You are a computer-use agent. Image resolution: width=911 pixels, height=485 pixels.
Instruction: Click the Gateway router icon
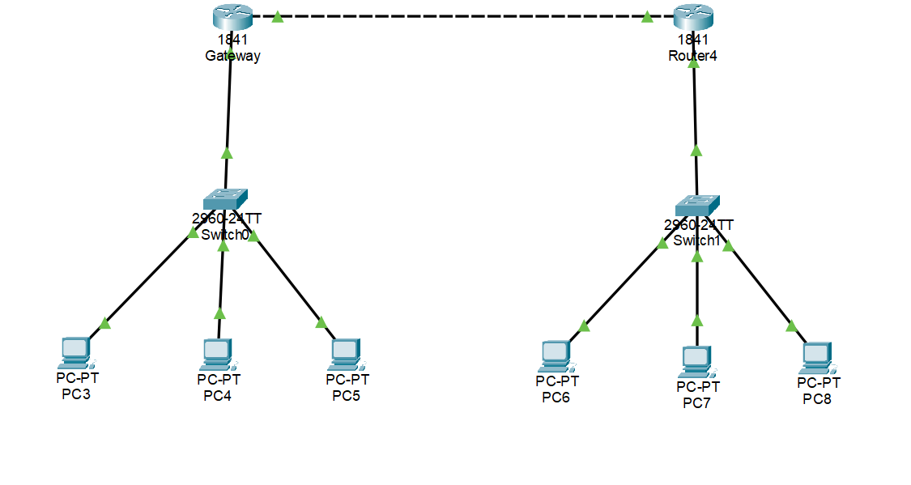[232, 16]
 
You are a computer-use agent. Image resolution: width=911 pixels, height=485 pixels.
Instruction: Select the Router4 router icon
[693, 16]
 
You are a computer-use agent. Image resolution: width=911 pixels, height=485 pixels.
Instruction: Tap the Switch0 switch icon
[225, 199]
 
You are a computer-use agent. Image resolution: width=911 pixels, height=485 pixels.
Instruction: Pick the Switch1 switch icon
[696, 206]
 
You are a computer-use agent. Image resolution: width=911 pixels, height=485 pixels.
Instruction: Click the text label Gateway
[232, 56]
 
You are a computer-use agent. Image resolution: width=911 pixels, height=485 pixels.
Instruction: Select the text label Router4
[692, 56]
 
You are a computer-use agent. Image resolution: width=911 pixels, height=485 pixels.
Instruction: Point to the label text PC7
[696, 402]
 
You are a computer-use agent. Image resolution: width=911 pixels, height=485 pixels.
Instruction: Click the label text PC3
[76, 394]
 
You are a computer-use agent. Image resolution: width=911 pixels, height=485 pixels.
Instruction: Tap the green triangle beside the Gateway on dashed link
[277, 16]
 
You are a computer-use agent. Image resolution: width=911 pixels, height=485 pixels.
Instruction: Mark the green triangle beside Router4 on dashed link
[648, 16]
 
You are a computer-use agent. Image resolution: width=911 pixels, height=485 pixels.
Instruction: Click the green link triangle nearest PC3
[104, 324]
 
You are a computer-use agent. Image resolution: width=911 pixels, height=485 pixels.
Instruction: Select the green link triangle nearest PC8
[791, 326]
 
